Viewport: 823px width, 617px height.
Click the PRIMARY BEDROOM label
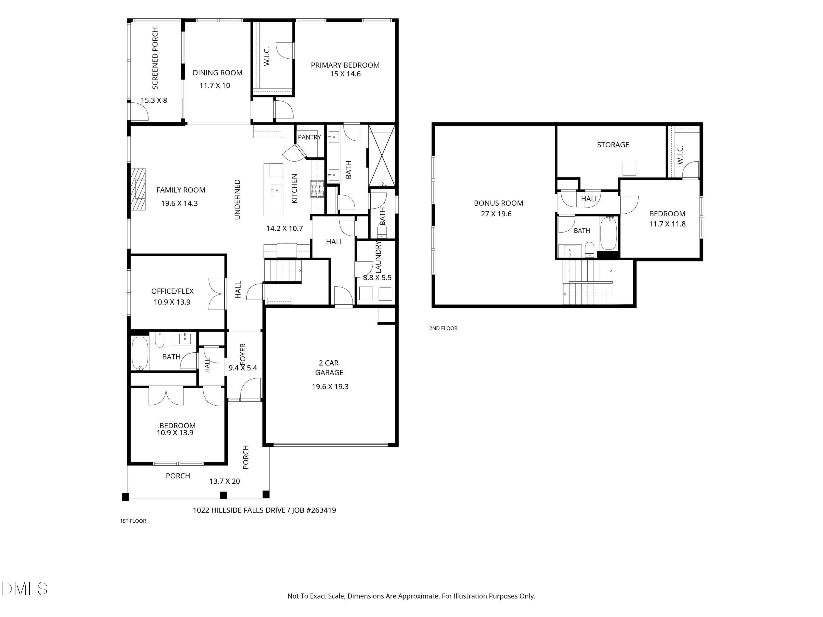click(x=345, y=65)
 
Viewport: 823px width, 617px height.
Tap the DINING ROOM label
click(x=217, y=73)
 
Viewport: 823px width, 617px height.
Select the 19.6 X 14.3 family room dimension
click(x=179, y=203)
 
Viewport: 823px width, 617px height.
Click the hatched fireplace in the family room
click(x=138, y=189)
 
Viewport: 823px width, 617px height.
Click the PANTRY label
click(x=309, y=137)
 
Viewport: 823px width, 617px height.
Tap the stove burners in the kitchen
click(x=318, y=189)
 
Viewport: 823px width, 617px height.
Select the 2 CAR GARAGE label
click(x=329, y=367)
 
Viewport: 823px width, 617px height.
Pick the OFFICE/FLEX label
click(x=172, y=291)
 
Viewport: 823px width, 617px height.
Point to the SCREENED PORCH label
click(x=155, y=58)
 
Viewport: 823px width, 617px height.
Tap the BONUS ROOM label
click(x=498, y=203)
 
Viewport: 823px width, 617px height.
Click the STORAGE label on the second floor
click(x=613, y=145)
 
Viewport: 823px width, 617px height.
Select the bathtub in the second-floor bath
click(x=608, y=233)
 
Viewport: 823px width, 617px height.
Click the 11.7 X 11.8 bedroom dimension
click(x=667, y=224)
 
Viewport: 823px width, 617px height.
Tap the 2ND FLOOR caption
click(x=443, y=328)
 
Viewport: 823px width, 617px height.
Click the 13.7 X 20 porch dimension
click(x=224, y=481)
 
